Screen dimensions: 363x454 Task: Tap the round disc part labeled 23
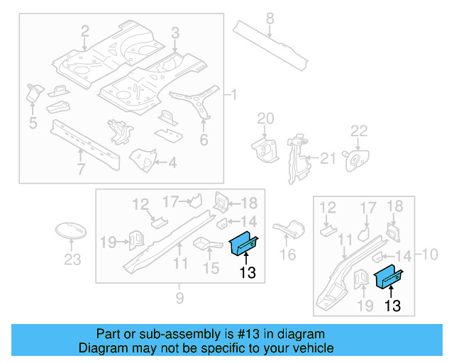coord(71,232)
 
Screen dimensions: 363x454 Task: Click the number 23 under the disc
coord(72,259)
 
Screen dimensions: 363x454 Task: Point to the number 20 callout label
coord(265,118)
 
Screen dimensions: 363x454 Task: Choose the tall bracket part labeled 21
coord(295,159)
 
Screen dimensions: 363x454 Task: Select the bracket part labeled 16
coord(289,228)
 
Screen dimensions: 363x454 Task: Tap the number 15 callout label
coord(212,269)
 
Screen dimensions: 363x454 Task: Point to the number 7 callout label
coord(81,169)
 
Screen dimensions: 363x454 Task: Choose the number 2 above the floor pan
coord(85,31)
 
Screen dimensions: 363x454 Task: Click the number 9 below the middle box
coord(179,297)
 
